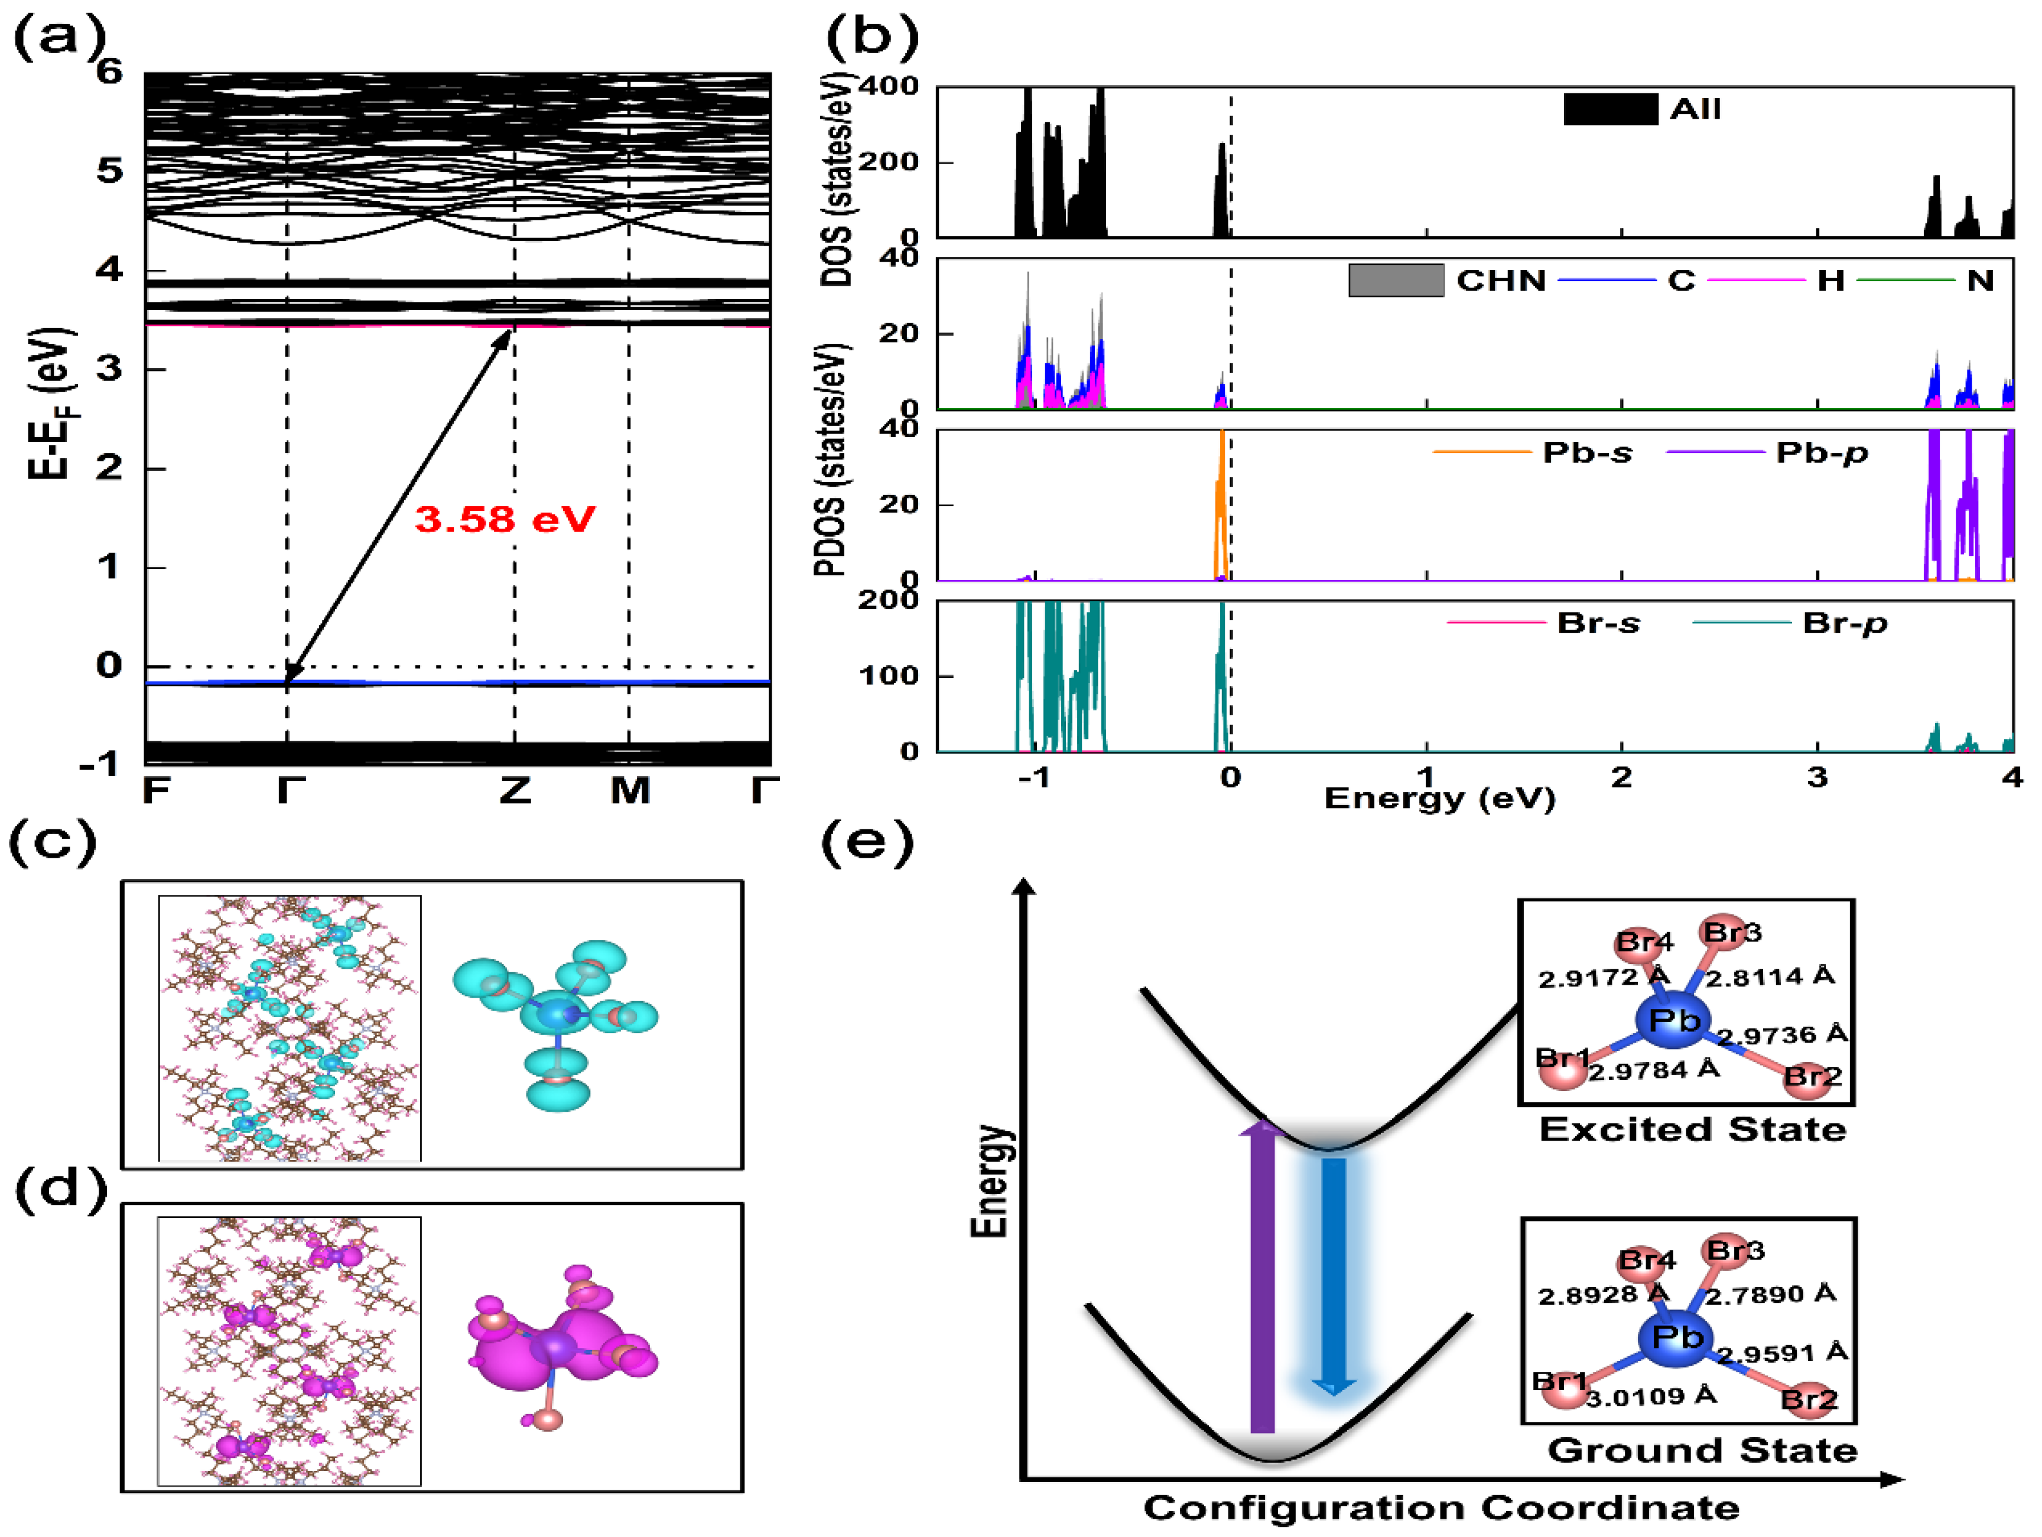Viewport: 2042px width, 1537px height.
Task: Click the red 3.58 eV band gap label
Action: coord(505,520)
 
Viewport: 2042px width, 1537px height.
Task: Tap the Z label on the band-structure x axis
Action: coord(515,790)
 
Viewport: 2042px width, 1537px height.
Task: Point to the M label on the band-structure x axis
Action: coord(630,790)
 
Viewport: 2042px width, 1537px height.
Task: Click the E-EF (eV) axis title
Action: coord(51,403)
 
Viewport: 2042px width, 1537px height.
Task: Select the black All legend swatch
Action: coord(1610,109)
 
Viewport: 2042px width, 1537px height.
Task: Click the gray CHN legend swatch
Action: coord(1396,281)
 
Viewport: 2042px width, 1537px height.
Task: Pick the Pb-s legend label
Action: coord(1587,453)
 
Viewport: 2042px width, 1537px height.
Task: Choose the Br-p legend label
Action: coord(1843,624)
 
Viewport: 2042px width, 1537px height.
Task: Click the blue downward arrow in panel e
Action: coord(1333,1274)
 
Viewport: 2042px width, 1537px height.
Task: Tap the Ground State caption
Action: coord(1701,1450)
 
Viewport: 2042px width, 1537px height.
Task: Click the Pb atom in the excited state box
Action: coord(1674,1021)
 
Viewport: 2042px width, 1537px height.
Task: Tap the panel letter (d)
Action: coord(60,1190)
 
